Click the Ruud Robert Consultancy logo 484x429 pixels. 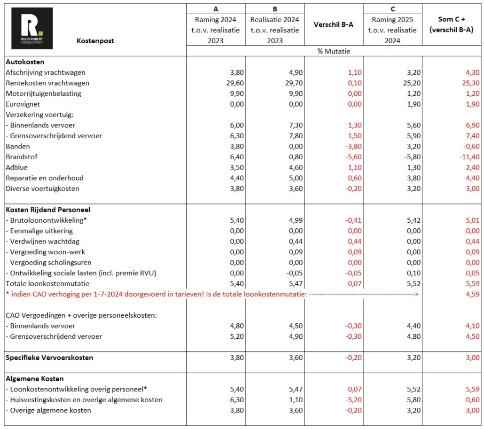(32, 28)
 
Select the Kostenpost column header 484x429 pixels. (95, 41)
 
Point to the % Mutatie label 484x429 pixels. (334, 51)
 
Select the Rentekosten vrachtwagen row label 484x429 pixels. (47, 83)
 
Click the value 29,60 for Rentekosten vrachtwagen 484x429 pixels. (231, 83)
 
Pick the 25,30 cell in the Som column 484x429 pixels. (470, 83)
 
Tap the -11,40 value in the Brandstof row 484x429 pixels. (469, 157)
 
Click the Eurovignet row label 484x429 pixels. (23, 104)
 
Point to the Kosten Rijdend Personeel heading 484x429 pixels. (48, 210)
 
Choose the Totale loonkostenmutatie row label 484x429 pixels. (47, 283)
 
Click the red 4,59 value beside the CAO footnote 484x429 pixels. (472, 294)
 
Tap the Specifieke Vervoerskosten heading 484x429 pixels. (49, 358)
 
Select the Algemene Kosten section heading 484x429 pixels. (35, 379)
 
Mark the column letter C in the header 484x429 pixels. (392, 8)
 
